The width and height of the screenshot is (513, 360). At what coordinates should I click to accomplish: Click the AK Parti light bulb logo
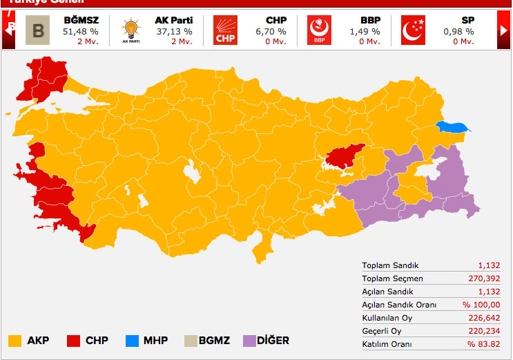pyautogui.click(x=130, y=30)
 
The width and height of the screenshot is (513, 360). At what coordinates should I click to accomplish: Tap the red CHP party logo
pyautogui.click(x=224, y=30)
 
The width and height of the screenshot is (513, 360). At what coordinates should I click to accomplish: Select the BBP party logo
pyautogui.click(x=318, y=30)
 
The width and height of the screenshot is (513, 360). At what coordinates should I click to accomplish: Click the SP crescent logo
pyautogui.click(x=413, y=30)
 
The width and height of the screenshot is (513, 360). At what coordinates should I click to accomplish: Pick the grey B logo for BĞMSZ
pyautogui.click(x=37, y=30)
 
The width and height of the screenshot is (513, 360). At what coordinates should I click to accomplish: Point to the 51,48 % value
pyautogui.click(x=80, y=32)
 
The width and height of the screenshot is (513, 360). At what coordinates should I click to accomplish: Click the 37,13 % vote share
pyautogui.click(x=175, y=32)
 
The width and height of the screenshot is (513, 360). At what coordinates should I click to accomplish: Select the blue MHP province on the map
pyautogui.click(x=452, y=127)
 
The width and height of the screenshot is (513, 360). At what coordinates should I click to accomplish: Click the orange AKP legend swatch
pyautogui.click(x=15, y=341)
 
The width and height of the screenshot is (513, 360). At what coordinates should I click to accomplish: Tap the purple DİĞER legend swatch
pyautogui.click(x=250, y=341)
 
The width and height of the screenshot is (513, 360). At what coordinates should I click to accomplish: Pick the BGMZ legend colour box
pyautogui.click(x=191, y=341)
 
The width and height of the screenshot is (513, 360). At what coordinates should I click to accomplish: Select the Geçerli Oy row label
pyautogui.click(x=382, y=331)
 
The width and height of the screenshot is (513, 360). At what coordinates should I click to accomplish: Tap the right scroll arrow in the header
pyautogui.click(x=503, y=30)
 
